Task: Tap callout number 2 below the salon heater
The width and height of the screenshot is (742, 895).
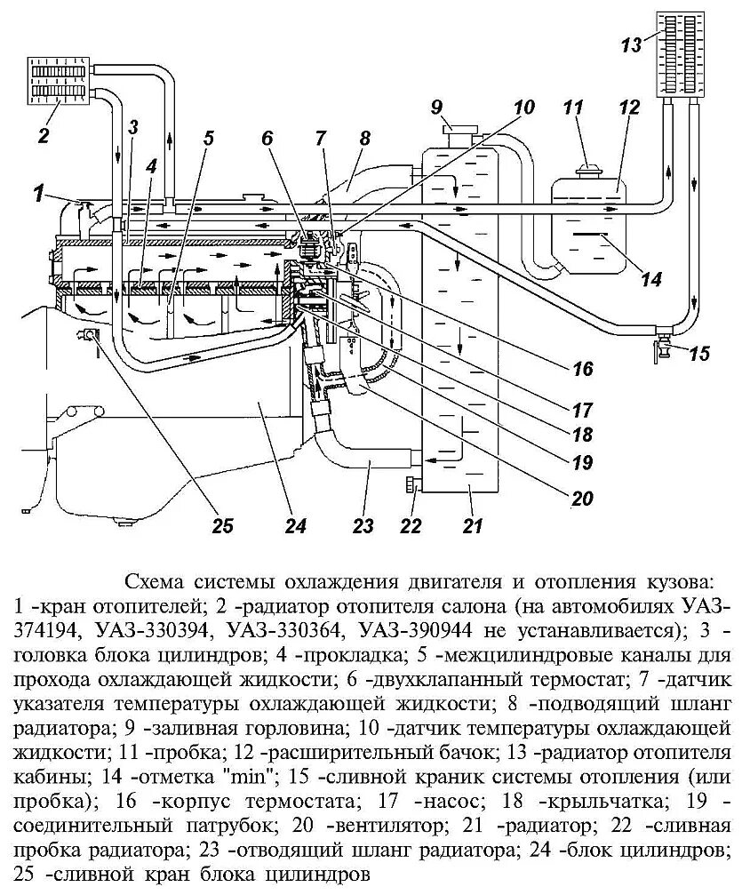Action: (42, 135)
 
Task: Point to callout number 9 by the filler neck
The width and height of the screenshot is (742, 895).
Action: (436, 108)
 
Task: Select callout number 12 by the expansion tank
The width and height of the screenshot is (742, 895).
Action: (629, 108)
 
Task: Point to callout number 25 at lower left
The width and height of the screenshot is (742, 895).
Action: (221, 525)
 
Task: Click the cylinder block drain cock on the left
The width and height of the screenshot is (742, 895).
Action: (90, 335)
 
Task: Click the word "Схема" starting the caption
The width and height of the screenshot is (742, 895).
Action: (156, 583)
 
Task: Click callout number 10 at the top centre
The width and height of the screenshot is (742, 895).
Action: (523, 108)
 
